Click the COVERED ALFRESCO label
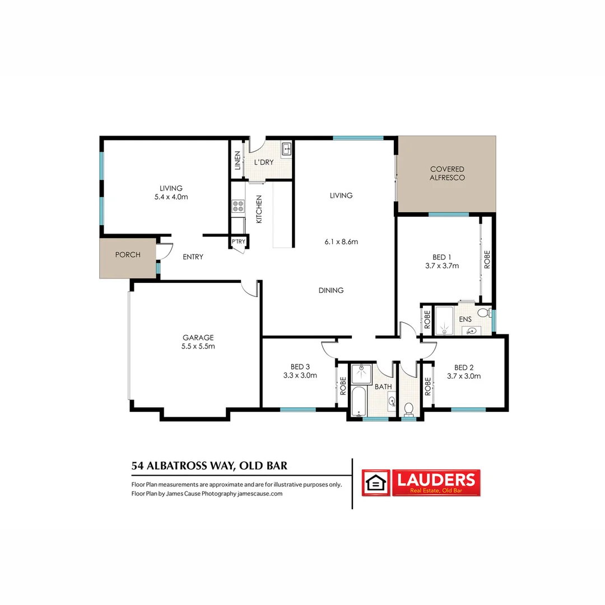[447, 173]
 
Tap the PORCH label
[128, 255]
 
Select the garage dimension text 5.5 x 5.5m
[198, 346]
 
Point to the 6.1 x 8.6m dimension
[341, 242]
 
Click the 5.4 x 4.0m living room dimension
[171, 197]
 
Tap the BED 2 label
[464, 367]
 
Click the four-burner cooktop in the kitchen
[238, 206]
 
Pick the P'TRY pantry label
[238, 242]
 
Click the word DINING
[331, 290]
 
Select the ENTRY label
[193, 257]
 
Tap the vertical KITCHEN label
[259, 210]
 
